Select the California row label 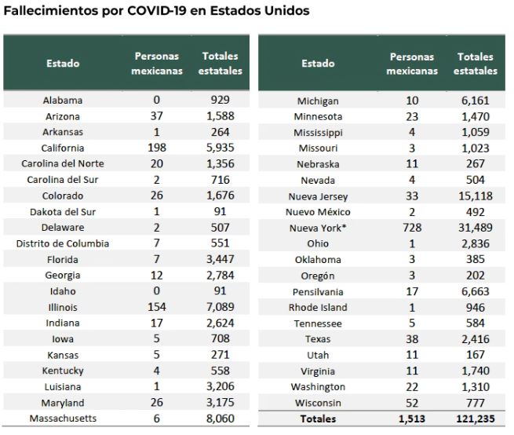(63, 148)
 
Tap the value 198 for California (157, 148)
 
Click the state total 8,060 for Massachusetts (221, 419)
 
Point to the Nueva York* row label (318, 228)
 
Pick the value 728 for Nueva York (413, 228)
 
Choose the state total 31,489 (475, 228)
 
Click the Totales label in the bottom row (318, 419)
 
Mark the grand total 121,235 (475, 419)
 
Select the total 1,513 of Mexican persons (413, 419)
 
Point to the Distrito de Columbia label (63, 243)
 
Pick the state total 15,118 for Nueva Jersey (475, 196)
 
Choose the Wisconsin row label (318, 403)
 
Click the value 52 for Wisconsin (413, 403)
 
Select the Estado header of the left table (63, 64)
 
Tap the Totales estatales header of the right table (475, 64)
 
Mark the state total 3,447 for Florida (221, 259)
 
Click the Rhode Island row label (318, 307)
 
